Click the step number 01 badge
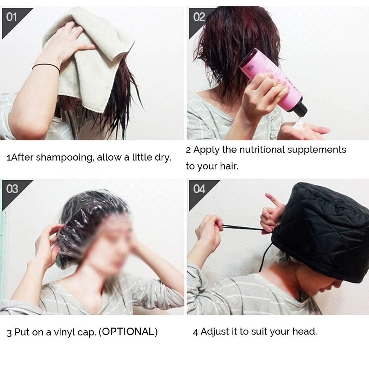pos(12,17)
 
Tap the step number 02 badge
pos(199,17)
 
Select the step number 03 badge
pos(12,189)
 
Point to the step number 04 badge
pos(199,189)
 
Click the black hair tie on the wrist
pos(46,66)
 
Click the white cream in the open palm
pos(299,124)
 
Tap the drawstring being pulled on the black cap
pos(242,228)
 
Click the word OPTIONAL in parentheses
pos(128,332)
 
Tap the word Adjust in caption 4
pos(213,331)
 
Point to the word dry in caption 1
pos(162,157)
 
